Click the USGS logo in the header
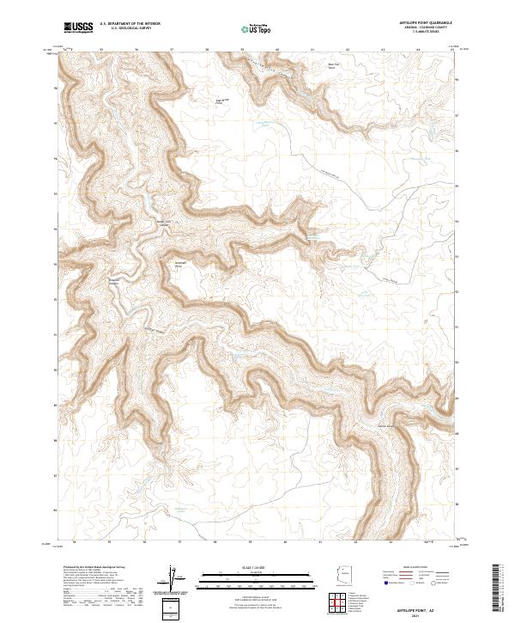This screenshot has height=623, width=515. point(78,28)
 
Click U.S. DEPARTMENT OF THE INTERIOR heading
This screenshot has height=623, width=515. point(130,24)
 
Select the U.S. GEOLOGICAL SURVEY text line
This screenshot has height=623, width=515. point(130,29)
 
